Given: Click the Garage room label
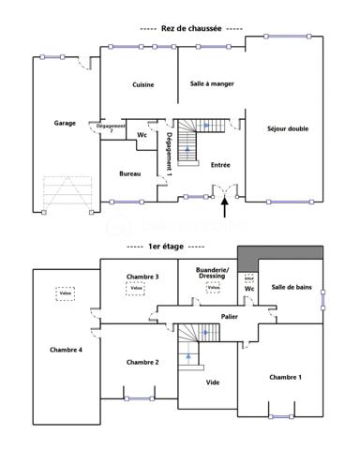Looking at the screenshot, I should (x=65, y=123).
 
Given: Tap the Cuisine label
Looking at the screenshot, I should (x=143, y=84).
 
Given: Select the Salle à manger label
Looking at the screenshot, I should (x=212, y=83).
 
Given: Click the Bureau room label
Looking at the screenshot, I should (x=130, y=174).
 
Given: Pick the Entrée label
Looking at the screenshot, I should (x=220, y=165).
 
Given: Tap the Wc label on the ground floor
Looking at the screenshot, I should (x=142, y=135).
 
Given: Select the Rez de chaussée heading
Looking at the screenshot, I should (x=191, y=29).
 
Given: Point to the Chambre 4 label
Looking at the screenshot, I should (x=66, y=350).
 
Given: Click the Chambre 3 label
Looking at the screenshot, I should (x=143, y=277).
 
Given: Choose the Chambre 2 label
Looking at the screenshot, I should (x=142, y=362).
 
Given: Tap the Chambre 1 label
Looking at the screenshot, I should (x=285, y=377).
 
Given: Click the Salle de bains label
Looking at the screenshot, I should (x=292, y=287).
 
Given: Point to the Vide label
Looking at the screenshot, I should (x=213, y=382).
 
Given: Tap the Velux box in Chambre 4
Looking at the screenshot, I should (x=65, y=292).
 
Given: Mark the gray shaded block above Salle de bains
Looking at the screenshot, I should (x=280, y=255).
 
